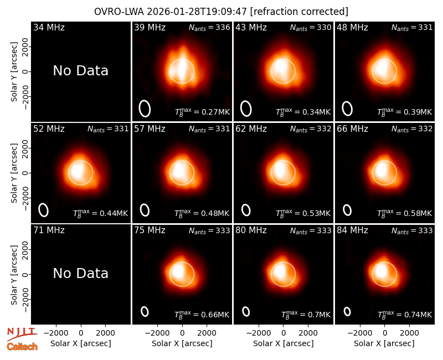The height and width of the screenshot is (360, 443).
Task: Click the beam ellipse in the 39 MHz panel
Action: [140, 109]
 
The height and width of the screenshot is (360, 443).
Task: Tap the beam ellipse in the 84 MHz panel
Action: [344, 311]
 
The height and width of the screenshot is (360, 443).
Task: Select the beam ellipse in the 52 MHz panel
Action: [39, 210]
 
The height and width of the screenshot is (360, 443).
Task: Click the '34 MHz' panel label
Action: [49, 27]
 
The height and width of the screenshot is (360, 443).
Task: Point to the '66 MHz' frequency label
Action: [352, 129]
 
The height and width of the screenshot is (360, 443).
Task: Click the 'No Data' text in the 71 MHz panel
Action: [80, 273]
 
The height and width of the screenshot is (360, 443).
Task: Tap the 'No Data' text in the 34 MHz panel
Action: [80, 70]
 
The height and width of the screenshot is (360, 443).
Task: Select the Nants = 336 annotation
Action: [209, 27]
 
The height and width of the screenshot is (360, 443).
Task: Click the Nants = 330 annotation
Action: [311, 27]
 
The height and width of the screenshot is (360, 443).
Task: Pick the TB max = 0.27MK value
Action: [202, 112]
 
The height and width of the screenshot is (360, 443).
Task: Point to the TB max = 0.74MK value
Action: [405, 315]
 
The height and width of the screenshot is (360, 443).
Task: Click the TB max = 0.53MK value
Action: [303, 213]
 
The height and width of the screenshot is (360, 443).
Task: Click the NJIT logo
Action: [22, 333]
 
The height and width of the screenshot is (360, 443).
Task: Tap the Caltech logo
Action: [22, 347]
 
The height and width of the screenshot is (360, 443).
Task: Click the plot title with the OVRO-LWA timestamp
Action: [221, 12]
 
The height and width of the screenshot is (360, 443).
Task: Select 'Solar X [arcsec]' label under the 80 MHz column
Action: [284, 343]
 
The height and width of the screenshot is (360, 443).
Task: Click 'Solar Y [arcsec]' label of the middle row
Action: [14, 173]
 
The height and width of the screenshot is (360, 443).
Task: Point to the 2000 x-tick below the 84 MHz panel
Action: [409, 333]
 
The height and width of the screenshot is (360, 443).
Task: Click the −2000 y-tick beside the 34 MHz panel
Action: [25, 96]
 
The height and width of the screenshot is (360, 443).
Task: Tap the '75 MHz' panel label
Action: [150, 230]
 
